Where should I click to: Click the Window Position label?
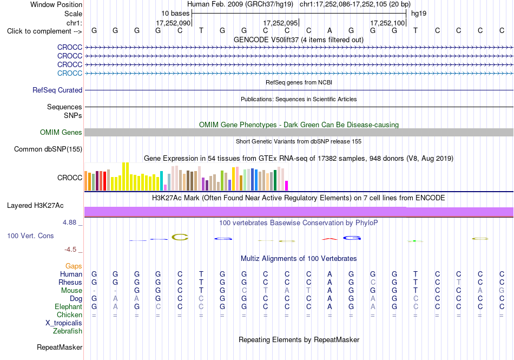[56, 4]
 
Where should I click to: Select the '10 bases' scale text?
[175, 14]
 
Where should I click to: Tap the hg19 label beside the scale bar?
[419, 14]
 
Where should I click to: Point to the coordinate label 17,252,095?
[280, 23]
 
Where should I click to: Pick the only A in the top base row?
[330, 30]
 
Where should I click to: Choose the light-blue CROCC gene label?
[69, 73]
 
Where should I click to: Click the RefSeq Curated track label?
[57, 90]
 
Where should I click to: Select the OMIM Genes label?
[61, 133]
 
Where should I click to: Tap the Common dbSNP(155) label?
[48, 149]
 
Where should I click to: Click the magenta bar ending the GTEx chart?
[286, 186]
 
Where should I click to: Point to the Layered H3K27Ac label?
[35, 206]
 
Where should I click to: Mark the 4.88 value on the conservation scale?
[69, 222]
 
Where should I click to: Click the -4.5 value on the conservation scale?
[70, 250]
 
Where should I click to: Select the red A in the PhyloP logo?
[330, 239]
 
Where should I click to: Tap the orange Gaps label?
[74, 266]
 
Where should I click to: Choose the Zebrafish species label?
[68, 331]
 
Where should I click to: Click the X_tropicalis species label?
[64, 323]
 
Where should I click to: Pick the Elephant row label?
[68, 306]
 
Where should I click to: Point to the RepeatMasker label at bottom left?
[60, 347]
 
